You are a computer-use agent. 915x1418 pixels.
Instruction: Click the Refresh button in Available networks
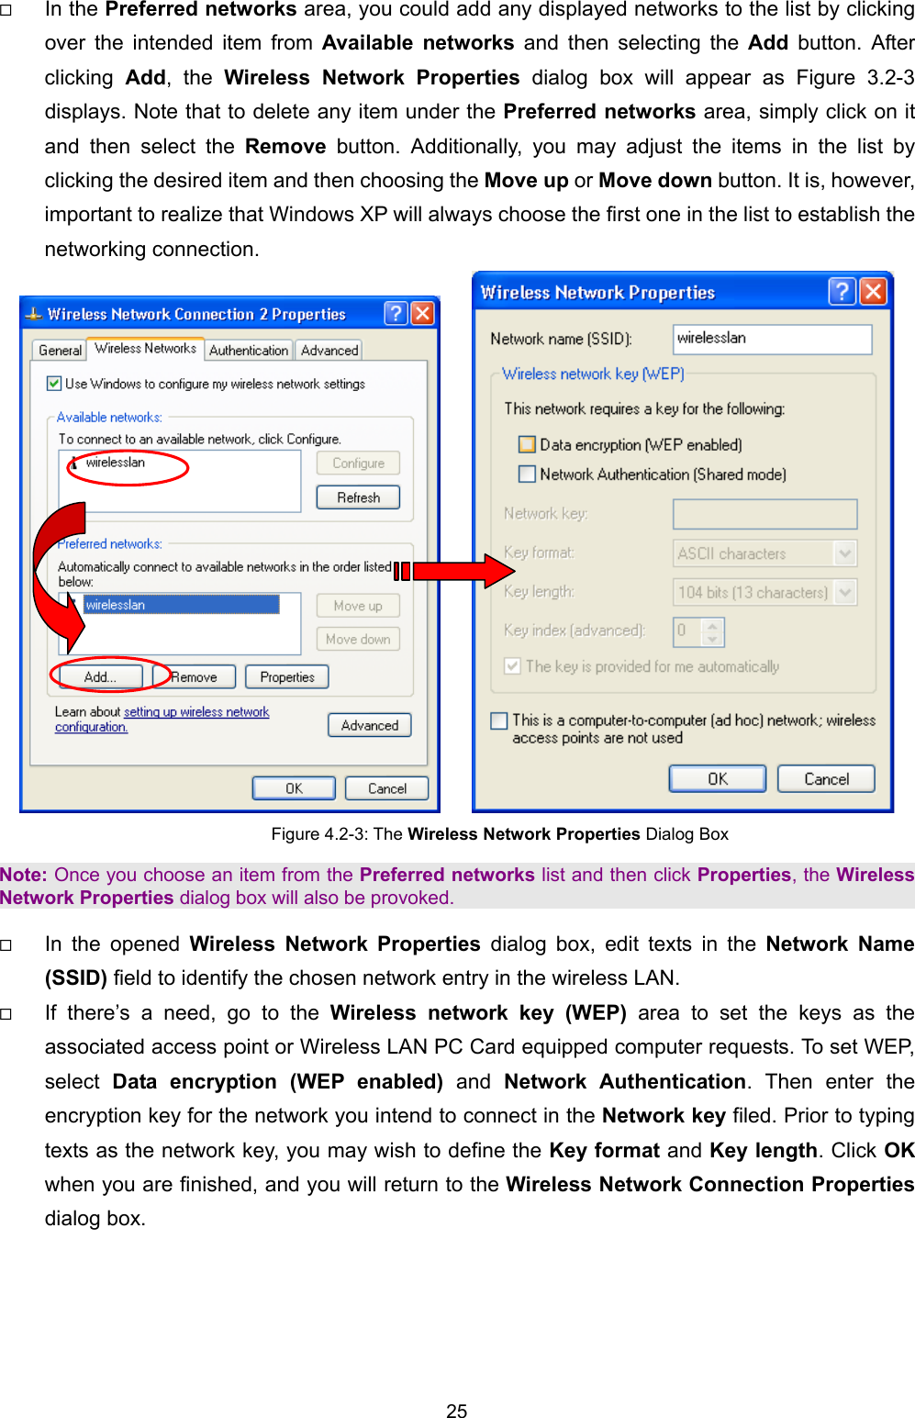pyautogui.click(x=358, y=497)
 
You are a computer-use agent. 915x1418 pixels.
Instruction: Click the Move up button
pyautogui.click(x=358, y=606)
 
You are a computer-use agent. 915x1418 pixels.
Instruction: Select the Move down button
pyautogui.click(x=358, y=639)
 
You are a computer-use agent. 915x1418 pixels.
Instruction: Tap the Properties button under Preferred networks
pyautogui.click(x=286, y=677)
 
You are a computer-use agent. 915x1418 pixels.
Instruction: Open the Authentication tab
pyautogui.click(x=248, y=351)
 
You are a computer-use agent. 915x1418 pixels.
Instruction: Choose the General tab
pyautogui.click(x=60, y=351)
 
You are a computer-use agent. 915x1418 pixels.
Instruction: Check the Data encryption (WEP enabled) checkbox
pyautogui.click(x=527, y=445)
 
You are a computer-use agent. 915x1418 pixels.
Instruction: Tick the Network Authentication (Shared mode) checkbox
pyautogui.click(x=527, y=475)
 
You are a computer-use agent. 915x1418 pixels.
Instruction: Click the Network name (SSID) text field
pyautogui.click(x=771, y=339)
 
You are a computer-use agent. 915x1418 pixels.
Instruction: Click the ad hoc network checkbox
pyautogui.click(x=499, y=720)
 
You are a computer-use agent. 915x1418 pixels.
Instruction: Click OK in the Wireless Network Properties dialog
pyautogui.click(x=717, y=779)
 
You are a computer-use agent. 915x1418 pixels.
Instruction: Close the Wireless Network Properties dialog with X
pyautogui.click(x=873, y=292)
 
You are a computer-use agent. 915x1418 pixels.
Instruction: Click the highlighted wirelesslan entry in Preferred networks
pyautogui.click(x=181, y=605)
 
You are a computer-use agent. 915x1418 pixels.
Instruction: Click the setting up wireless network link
pyautogui.click(x=196, y=712)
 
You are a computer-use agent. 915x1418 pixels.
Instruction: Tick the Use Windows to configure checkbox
pyautogui.click(x=54, y=384)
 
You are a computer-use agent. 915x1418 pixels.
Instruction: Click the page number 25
pyautogui.click(x=456, y=1411)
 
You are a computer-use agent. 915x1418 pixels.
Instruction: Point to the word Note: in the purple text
pyautogui.click(x=23, y=875)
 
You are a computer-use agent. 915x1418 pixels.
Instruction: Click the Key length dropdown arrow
pyautogui.click(x=845, y=592)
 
